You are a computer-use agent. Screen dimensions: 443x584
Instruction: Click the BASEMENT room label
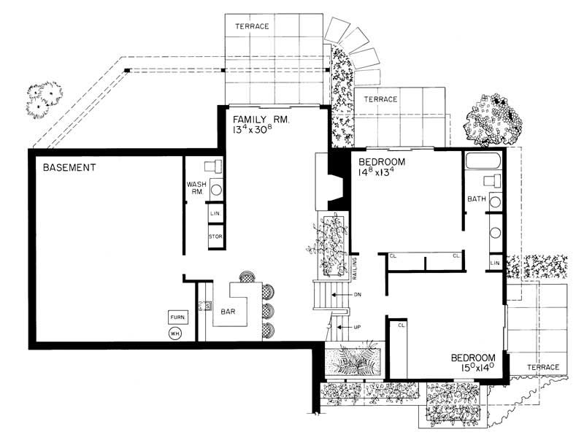[x=69, y=168]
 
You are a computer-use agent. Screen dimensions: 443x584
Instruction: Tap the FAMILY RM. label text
[x=261, y=119]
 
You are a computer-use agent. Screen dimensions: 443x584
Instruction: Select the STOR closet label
[x=215, y=237]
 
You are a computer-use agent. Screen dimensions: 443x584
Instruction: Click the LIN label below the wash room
[x=215, y=213]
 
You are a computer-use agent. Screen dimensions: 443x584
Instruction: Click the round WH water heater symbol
[x=175, y=334]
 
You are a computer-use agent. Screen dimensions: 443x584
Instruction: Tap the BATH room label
[x=477, y=199]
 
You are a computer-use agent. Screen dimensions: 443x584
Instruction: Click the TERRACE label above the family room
[x=252, y=27]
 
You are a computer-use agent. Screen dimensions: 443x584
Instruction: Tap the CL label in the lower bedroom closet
[x=401, y=325]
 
